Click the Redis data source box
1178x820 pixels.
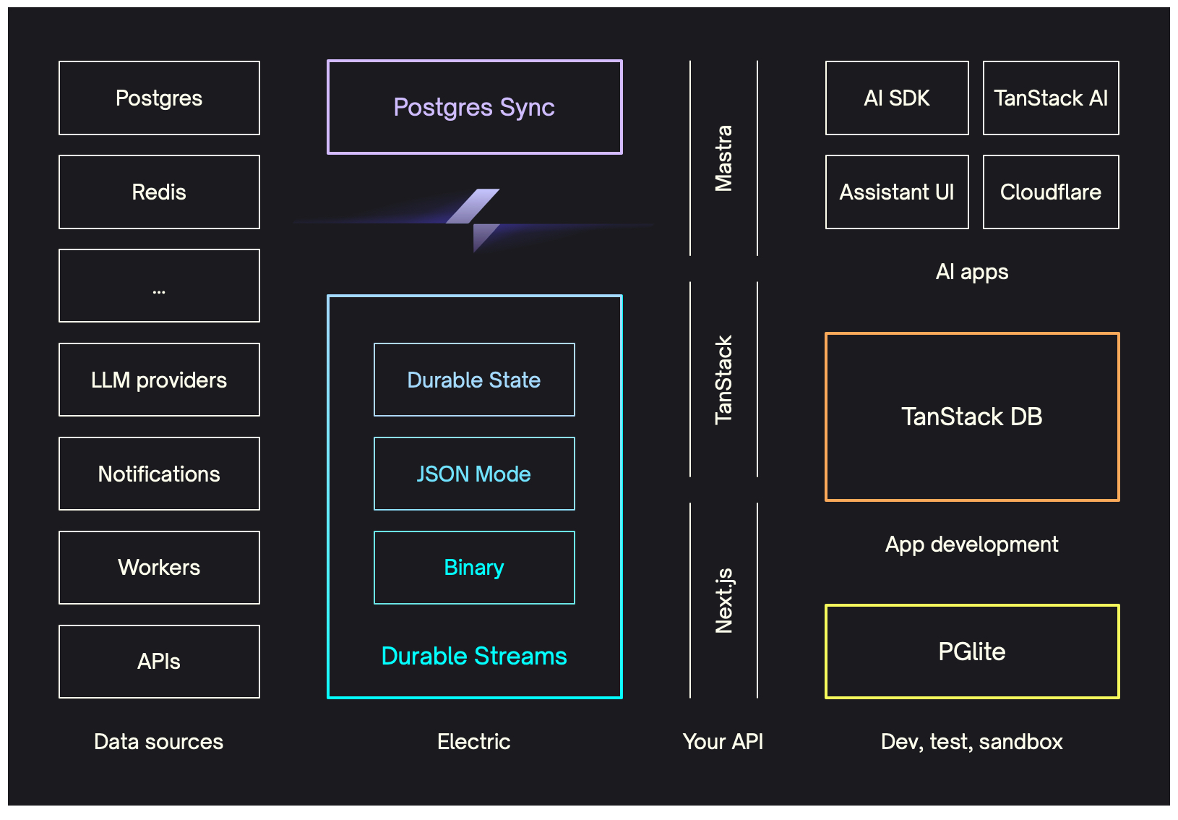click(159, 192)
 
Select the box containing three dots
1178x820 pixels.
click(159, 286)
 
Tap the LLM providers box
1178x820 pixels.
click(159, 380)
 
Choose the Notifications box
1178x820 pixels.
click(159, 474)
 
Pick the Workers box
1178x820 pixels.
click(159, 568)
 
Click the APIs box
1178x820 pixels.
click(159, 662)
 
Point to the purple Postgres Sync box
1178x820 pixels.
click(474, 107)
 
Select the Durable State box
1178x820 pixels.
click(474, 380)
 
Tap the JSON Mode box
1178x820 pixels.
click(474, 474)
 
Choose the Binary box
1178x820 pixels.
click(474, 568)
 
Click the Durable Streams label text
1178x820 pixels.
click(474, 656)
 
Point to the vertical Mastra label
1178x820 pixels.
click(723, 158)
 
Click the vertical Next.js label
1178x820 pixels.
click(723, 601)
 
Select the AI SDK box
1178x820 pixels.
click(897, 98)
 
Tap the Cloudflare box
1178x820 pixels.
click(1051, 192)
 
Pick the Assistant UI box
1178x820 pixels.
click(897, 192)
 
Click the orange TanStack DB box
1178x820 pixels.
click(972, 417)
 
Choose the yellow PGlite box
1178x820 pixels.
click(972, 652)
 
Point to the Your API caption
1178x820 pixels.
click(723, 741)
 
